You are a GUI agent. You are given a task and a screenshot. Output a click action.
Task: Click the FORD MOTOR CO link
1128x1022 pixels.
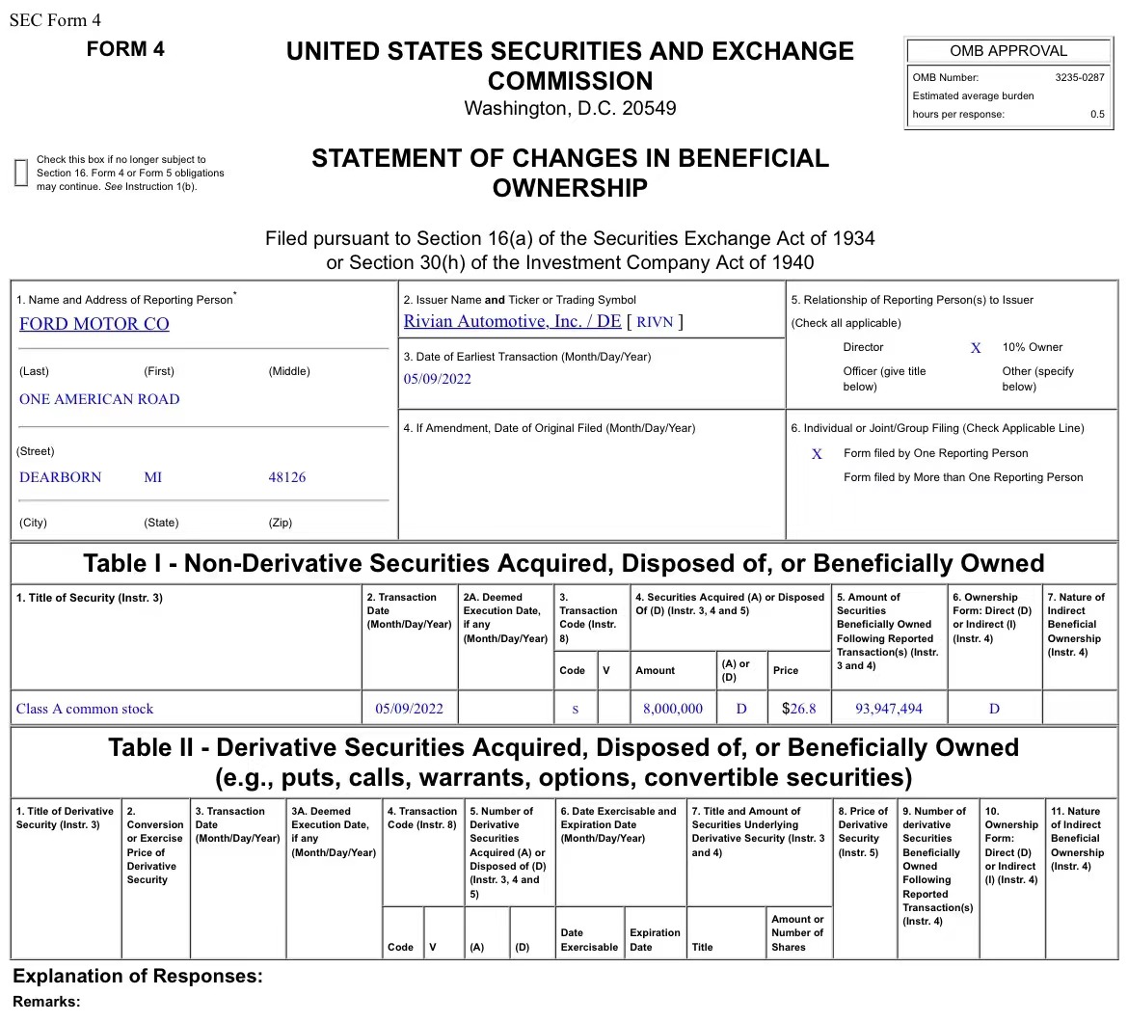click(x=94, y=324)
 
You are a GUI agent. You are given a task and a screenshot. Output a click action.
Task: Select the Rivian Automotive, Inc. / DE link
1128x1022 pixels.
click(x=512, y=322)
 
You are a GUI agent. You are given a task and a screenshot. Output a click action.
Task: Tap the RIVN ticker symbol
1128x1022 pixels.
click(x=655, y=322)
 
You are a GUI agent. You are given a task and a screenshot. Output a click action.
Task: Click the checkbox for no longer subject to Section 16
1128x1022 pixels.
click(x=21, y=173)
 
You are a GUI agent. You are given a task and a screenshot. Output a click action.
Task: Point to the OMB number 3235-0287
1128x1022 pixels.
click(x=1080, y=77)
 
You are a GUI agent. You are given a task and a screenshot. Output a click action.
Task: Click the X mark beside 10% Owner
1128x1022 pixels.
click(x=976, y=348)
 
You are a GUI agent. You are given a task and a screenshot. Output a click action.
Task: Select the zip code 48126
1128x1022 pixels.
click(x=286, y=477)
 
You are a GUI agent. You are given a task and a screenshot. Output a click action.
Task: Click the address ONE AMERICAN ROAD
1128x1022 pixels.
click(x=99, y=399)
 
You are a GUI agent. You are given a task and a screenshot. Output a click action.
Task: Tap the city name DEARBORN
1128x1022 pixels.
click(x=60, y=477)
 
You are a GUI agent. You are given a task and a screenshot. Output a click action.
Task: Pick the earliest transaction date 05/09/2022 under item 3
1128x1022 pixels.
click(x=437, y=379)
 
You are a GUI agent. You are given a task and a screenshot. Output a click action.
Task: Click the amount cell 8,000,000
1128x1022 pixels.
click(x=673, y=709)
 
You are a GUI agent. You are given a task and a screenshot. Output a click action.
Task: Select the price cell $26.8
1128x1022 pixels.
click(x=798, y=709)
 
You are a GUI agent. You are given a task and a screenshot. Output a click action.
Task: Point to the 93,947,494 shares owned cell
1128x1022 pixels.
click(x=888, y=709)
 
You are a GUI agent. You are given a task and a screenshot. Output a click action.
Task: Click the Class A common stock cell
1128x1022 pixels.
click(x=85, y=709)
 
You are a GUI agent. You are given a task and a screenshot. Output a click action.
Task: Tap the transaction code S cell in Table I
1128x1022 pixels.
click(x=576, y=710)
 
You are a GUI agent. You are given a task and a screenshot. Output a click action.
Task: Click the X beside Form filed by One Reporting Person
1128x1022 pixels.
click(x=817, y=454)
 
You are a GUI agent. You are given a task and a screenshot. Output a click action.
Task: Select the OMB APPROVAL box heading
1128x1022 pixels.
click(x=1007, y=51)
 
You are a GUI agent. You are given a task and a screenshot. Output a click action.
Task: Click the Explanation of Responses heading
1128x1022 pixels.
click(x=137, y=976)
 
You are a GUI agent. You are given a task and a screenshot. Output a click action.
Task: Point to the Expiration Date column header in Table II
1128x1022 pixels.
click(x=655, y=939)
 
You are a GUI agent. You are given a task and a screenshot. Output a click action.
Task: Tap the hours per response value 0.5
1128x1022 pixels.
click(x=1097, y=115)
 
